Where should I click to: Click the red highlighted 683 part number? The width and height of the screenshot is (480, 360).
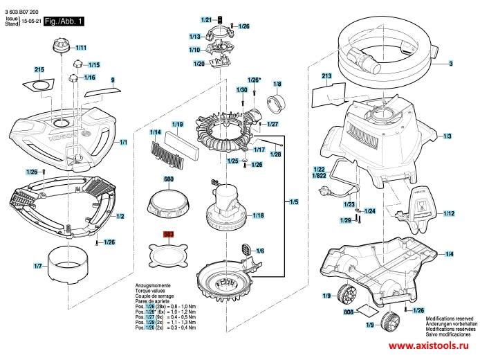pos(169,235)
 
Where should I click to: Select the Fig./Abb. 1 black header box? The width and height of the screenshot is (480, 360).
pos(64,22)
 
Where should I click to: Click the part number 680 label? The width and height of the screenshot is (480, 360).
pos(169,179)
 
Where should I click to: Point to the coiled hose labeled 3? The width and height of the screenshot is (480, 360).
pos(387,55)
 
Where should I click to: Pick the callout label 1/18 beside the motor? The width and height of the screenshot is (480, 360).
pos(258,216)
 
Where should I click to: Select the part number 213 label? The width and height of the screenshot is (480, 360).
pos(327,75)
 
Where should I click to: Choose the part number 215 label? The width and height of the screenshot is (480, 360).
pos(39,71)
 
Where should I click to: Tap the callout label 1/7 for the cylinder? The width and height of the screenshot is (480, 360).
pos(37,266)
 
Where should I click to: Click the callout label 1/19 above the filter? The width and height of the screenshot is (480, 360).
pos(177,125)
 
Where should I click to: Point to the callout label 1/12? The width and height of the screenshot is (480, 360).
pos(449,213)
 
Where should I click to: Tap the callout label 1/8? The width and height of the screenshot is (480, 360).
pos(277,84)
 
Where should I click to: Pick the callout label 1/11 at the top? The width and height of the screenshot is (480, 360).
pos(80,48)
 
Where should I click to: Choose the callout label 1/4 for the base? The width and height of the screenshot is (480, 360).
pos(449,254)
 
